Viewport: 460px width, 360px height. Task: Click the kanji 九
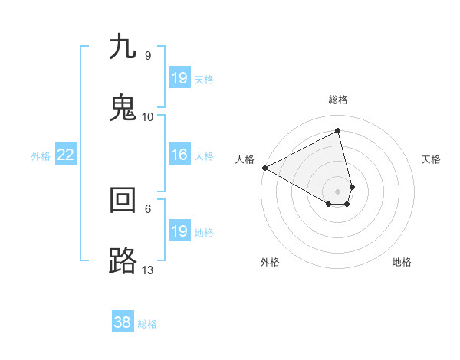point(123,47)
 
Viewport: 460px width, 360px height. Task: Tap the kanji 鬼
point(123,108)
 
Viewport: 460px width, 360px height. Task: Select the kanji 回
point(123,200)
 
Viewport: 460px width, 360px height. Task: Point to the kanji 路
point(123,261)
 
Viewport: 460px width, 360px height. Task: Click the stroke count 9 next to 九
point(147,56)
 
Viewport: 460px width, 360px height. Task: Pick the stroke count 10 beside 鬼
point(148,117)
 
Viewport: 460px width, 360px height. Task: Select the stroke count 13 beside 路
point(148,270)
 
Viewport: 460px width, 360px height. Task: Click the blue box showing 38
point(123,322)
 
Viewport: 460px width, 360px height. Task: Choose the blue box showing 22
point(66,155)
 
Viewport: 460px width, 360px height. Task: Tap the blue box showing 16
point(179,155)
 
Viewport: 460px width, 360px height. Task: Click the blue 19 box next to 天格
point(179,77)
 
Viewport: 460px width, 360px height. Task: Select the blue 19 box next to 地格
point(179,231)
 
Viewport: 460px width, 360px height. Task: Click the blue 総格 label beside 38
point(147,324)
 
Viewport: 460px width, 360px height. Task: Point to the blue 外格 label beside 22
point(41,156)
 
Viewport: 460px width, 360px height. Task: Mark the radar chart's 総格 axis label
point(338,100)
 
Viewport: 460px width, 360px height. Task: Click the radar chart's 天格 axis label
point(432,159)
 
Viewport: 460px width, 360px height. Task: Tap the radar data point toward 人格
point(264,168)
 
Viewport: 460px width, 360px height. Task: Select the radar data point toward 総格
point(338,131)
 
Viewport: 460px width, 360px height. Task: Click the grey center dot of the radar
point(338,191)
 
